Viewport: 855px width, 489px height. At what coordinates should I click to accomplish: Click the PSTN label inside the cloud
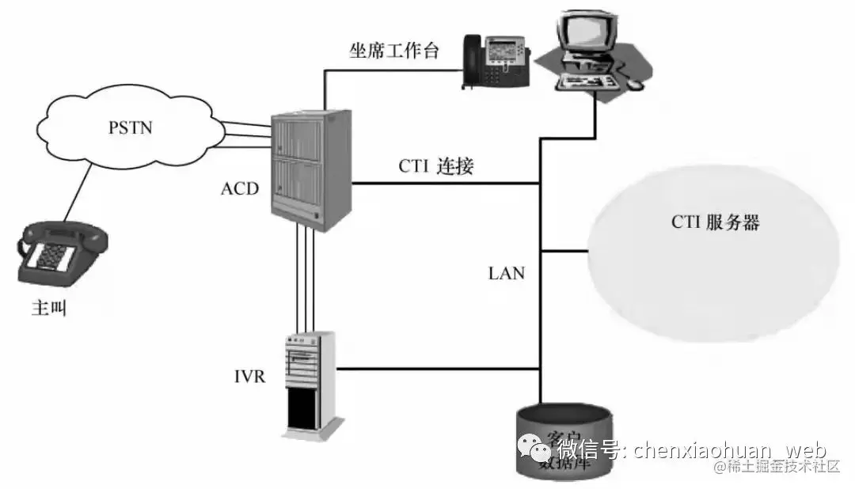[131, 127]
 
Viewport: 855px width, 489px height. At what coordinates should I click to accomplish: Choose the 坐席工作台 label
[394, 51]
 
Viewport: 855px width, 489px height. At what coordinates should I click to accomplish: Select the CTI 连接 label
[437, 167]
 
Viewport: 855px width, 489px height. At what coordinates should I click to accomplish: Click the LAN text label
[507, 273]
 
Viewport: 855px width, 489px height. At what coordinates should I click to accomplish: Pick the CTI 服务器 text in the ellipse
[715, 222]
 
